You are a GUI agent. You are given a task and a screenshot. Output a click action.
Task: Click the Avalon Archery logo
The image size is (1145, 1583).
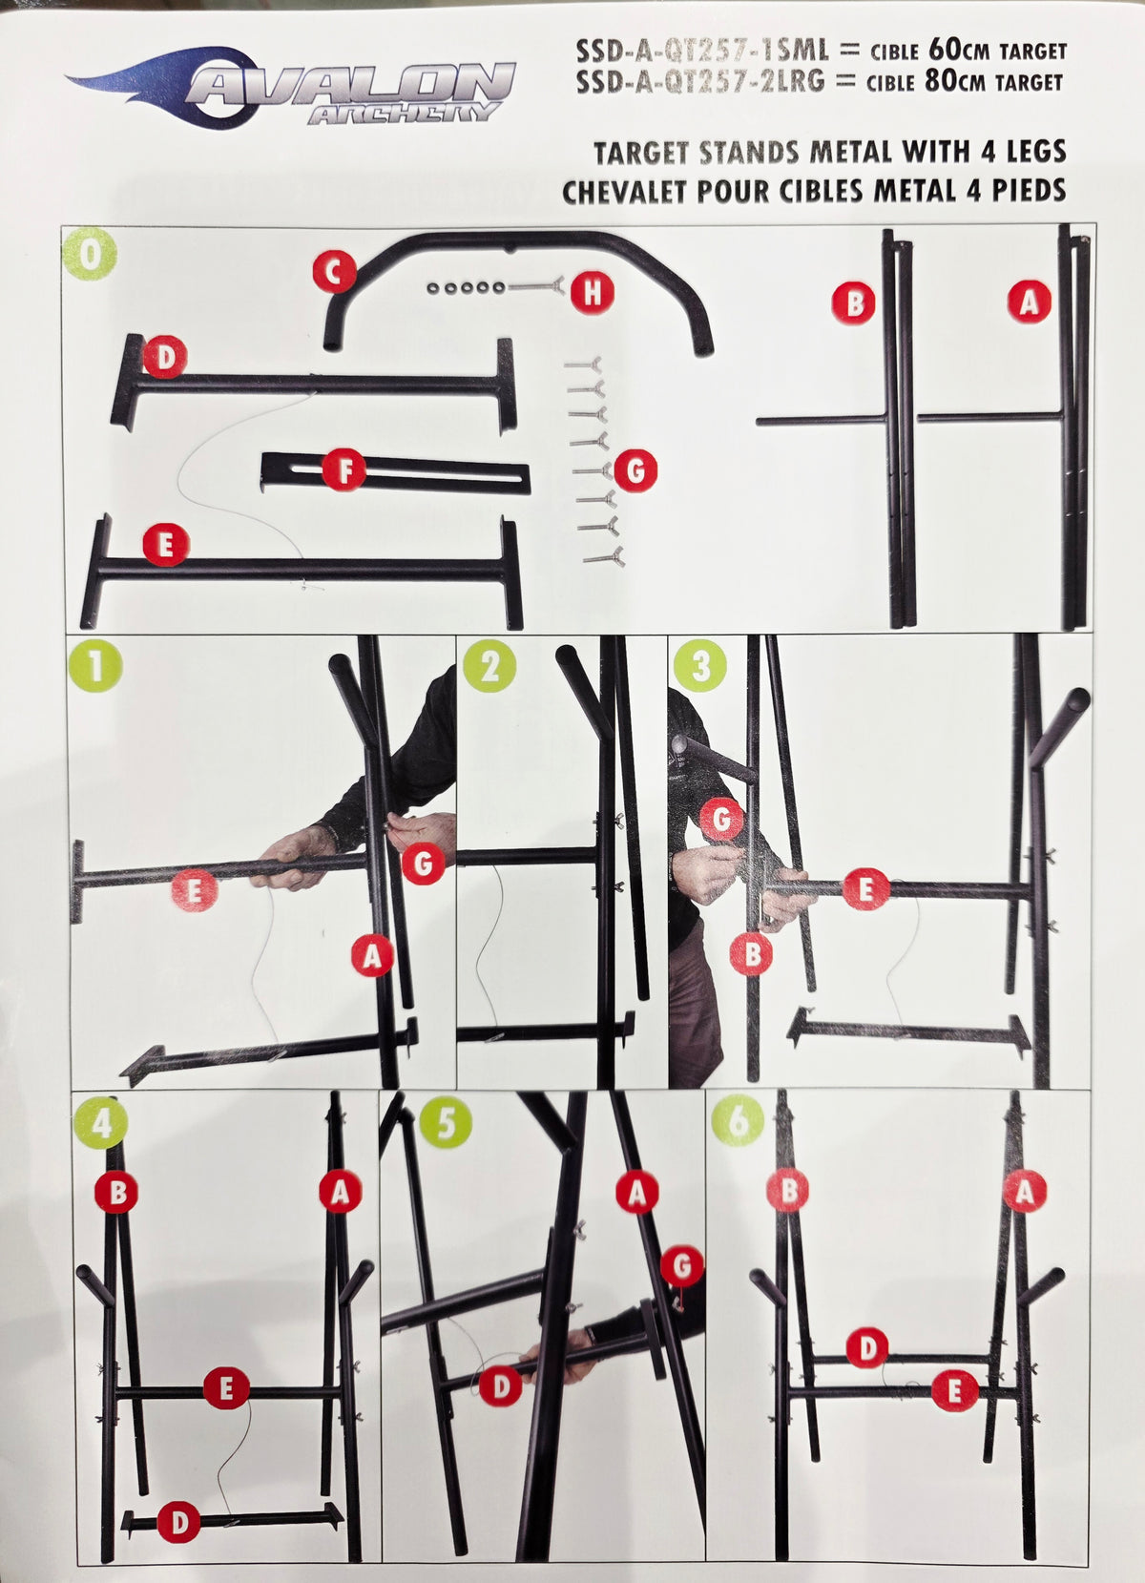coord(291,89)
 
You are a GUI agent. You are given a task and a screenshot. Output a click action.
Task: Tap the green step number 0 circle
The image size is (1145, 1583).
coord(90,254)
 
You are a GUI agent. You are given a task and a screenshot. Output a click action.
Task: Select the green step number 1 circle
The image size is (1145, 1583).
coord(95,666)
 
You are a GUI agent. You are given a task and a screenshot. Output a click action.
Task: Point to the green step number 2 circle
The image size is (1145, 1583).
coord(489,666)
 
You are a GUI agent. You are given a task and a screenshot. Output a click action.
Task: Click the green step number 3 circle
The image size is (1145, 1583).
coord(700,666)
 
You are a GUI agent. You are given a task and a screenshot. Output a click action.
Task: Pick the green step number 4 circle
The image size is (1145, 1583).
coord(101,1122)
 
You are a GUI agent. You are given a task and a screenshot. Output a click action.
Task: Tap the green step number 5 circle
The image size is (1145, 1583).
coord(446,1122)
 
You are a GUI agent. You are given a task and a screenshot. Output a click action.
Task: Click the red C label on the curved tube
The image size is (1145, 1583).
coord(335,271)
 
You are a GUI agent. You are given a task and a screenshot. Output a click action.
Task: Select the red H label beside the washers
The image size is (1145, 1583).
coord(593,292)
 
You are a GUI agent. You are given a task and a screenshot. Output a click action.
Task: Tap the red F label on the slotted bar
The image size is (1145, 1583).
coord(344,470)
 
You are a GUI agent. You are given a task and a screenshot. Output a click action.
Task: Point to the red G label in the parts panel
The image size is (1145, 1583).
coord(635,470)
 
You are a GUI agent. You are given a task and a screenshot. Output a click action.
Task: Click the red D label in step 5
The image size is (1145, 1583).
coord(501,1385)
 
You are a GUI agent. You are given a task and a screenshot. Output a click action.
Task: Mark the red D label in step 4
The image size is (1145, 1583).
coord(178,1522)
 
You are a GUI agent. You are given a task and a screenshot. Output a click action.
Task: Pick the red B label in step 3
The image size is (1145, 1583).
coord(751,954)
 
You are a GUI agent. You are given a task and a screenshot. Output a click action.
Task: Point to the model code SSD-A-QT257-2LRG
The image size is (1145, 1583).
coord(700,82)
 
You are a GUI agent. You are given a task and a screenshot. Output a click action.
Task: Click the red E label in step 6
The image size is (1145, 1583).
coord(954,1390)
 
